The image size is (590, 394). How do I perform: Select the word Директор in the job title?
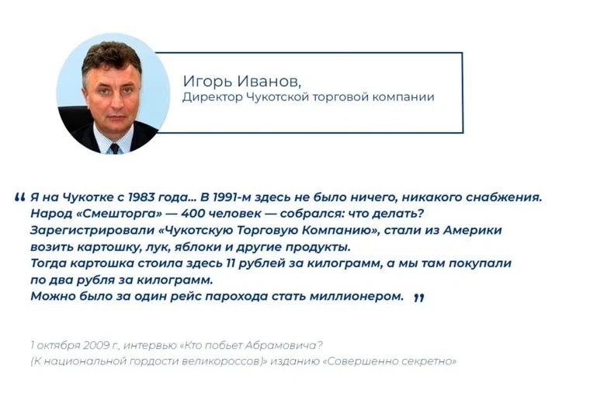[x=213, y=98]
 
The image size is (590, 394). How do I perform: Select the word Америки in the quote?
[x=473, y=230]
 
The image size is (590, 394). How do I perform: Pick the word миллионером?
[x=356, y=296]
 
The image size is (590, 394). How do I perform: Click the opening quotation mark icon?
[x=20, y=197]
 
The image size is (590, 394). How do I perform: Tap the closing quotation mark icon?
[x=418, y=298]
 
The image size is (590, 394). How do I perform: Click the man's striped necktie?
[x=114, y=148]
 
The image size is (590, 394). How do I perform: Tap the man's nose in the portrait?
[x=113, y=99]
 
